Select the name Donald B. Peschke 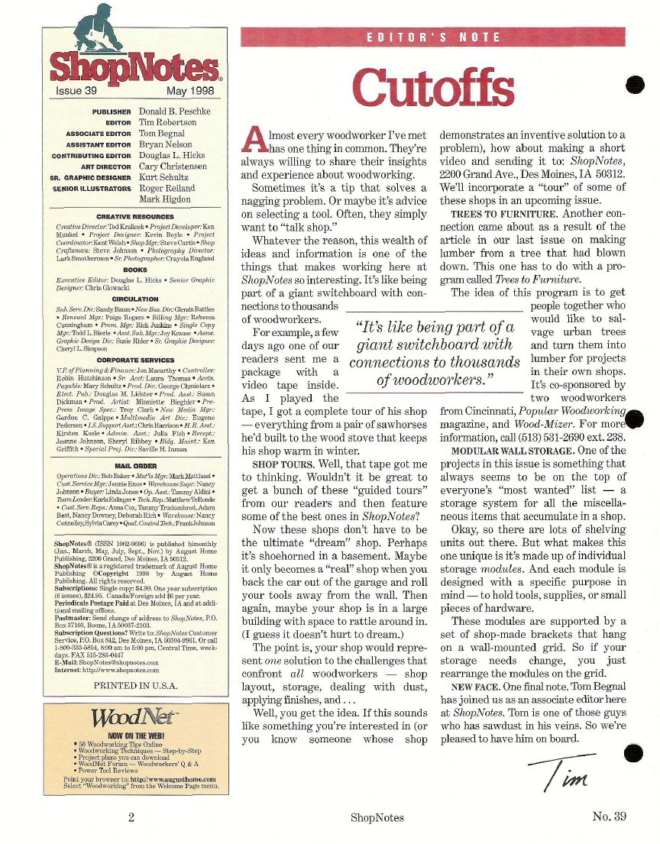tap(176, 111)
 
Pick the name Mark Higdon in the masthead tap(165, 199)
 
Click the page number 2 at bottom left tap(131, 817)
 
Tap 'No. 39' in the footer tap(609, 816)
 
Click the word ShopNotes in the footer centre tap(377, 817)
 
